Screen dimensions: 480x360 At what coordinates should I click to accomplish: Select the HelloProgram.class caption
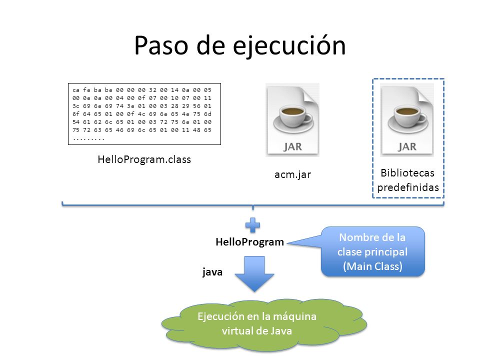click(x=144, y=159)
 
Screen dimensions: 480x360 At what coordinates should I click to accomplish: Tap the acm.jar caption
click(x=292, y=174)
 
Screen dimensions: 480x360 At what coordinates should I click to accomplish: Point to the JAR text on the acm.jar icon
click(x=292, y=146)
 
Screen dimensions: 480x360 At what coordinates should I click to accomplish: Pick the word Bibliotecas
click(x=407, y=173)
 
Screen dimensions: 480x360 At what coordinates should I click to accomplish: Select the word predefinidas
click(x=408, y=187)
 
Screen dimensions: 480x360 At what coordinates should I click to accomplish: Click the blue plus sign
click(x=253, y=225)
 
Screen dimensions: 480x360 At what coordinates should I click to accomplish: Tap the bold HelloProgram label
click(x=250, y=242)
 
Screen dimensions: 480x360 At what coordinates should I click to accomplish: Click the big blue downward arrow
click(x=254, y=273)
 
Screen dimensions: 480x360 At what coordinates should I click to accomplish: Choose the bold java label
click(x=212, y=272)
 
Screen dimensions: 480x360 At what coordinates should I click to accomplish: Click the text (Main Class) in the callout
click(x=372, y=266)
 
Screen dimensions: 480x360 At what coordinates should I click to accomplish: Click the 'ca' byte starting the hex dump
click(x=76, y=90)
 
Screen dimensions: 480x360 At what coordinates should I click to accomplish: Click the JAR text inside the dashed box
click(x=407, y=146)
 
